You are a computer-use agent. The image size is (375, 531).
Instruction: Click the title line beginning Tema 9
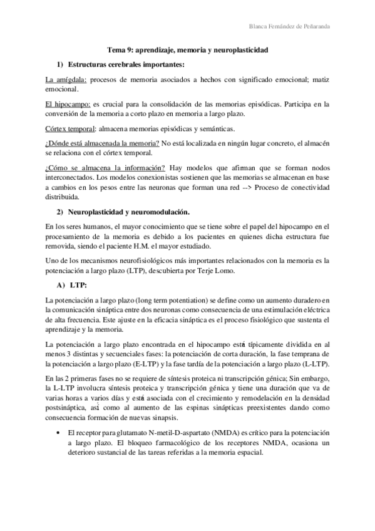click(187, 48)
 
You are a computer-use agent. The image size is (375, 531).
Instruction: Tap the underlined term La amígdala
click(67, 81)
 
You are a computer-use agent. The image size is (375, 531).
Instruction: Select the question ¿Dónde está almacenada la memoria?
click(102, 144)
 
